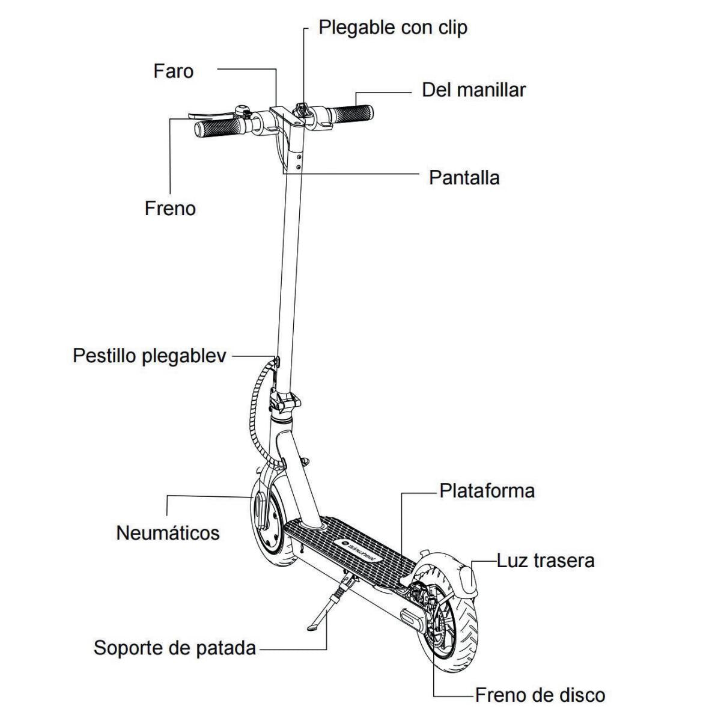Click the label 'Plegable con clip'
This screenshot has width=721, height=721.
(392, 28)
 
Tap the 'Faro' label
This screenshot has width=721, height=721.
(174, 71)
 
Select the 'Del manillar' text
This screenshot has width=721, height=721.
(473, 90)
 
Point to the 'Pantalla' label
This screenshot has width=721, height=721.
(464, 178)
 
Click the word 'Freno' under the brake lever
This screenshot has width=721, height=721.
(170, 208)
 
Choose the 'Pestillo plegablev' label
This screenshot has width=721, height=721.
(150, 355)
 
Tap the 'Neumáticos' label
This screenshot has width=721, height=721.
(168, 532)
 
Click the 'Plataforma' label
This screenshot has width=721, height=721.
(487, 491)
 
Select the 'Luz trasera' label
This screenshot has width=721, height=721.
(546, 561)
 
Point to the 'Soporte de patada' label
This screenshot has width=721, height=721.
(175, 648)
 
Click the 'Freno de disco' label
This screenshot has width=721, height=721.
(540, 695)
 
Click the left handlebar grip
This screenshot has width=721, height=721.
(220, 127)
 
